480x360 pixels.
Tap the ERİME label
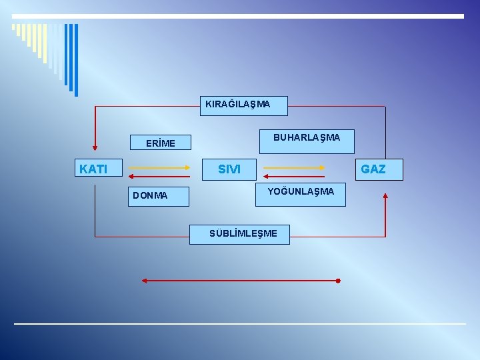pyautogui.click(x=160, y=143)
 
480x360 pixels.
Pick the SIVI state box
pyautogui.click(x=229, y=169)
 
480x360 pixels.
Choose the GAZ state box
pyautogui.click(x=373, y=169)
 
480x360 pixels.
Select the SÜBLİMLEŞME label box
pyautogui.click(x=239, y=234)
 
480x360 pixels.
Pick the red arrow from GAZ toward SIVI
pyautogui.click(x=294, y=177)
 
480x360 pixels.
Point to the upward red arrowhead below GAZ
pyautogui.click(x=385, y=196)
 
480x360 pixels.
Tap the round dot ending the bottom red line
pyautogui.click(x=338, y=281)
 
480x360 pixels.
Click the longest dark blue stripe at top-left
pyautogui.click(x=75, y=60)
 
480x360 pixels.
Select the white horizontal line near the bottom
pyautogui.click(x=240, y=324)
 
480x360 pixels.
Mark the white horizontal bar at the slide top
pyautogui.click(x=237, y=16)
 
